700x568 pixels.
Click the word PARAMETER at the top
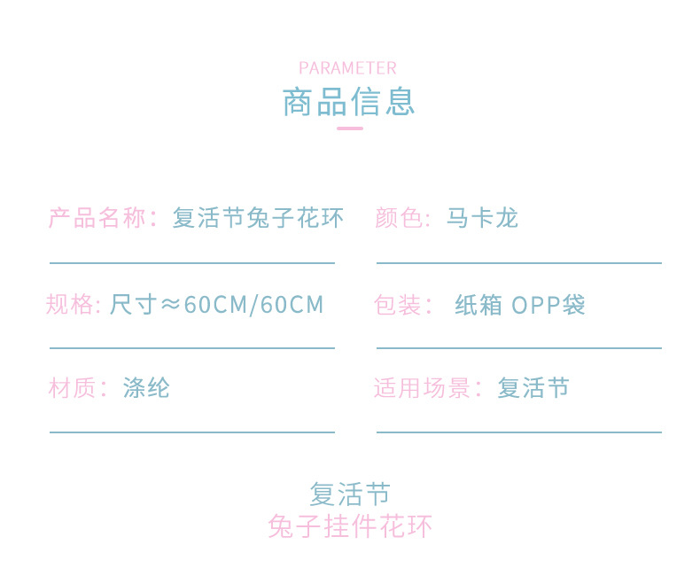coord(347,68)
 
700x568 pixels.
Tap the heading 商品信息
coord(348,102)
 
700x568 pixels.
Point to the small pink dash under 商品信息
coord(350,128)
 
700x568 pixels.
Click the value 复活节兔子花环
coord(258,218)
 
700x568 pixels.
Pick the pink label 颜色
coord(399,218)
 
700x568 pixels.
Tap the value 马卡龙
coord(482,218)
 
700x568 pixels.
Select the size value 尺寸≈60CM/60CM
coord(217,305)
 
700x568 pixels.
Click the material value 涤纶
coord(146,388)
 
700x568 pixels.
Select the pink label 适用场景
coord(424,388)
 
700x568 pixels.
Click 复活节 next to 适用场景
coord(533,388)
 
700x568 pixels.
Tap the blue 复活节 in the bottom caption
coord(350,494)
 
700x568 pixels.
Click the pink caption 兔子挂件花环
coord(350,526)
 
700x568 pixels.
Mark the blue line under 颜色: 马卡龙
coord(518,263)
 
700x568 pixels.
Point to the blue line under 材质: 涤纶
coord(191,432)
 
